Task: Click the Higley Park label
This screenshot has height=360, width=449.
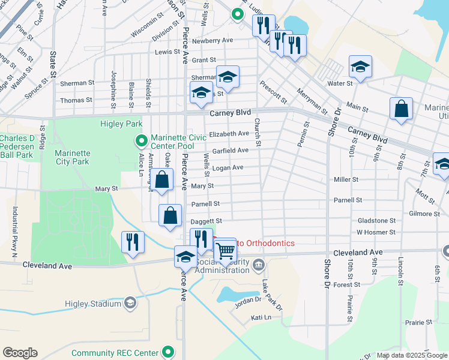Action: [122, 124]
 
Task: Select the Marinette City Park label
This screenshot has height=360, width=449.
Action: [72, 157]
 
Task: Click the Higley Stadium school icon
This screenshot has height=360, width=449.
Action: [130, 304]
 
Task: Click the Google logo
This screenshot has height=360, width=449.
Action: [20, 353]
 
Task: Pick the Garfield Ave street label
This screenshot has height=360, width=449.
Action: [230, 150]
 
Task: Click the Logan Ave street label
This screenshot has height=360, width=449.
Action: [228, 167]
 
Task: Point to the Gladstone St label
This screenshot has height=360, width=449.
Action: [376, 221]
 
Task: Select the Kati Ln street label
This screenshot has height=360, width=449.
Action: [261, 317]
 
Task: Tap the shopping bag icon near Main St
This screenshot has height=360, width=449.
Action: [401, 109]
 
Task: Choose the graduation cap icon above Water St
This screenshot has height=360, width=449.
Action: [360, 67]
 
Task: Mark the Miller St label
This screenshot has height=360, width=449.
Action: [346, 179]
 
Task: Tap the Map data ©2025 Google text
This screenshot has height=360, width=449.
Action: [411, 355]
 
